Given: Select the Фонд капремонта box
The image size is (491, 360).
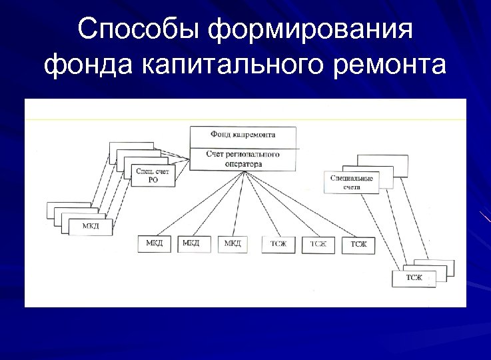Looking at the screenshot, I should tap(243, 135).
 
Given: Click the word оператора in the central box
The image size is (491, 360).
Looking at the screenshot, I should tap(243, 163).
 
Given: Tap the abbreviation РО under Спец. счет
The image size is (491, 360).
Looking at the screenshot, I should tap(153, 180).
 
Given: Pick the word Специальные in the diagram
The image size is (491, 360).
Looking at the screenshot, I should tap(352, 179).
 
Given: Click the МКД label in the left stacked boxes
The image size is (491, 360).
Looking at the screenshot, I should tap(91, 227).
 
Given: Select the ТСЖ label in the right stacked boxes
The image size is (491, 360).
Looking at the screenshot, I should tap(414, 277).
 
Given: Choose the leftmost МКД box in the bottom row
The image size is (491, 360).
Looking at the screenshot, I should tap(155, 244).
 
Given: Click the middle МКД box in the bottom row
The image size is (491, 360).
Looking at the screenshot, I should tap(193, 243).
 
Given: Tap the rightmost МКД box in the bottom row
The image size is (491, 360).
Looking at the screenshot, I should tap(233, 244).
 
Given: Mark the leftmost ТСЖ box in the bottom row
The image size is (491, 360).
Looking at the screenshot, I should tap(278, 245).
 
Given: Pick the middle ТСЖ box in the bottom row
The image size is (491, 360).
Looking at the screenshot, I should tap(318, 245).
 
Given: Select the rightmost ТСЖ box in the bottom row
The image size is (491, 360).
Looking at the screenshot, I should tap(358, 245).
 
